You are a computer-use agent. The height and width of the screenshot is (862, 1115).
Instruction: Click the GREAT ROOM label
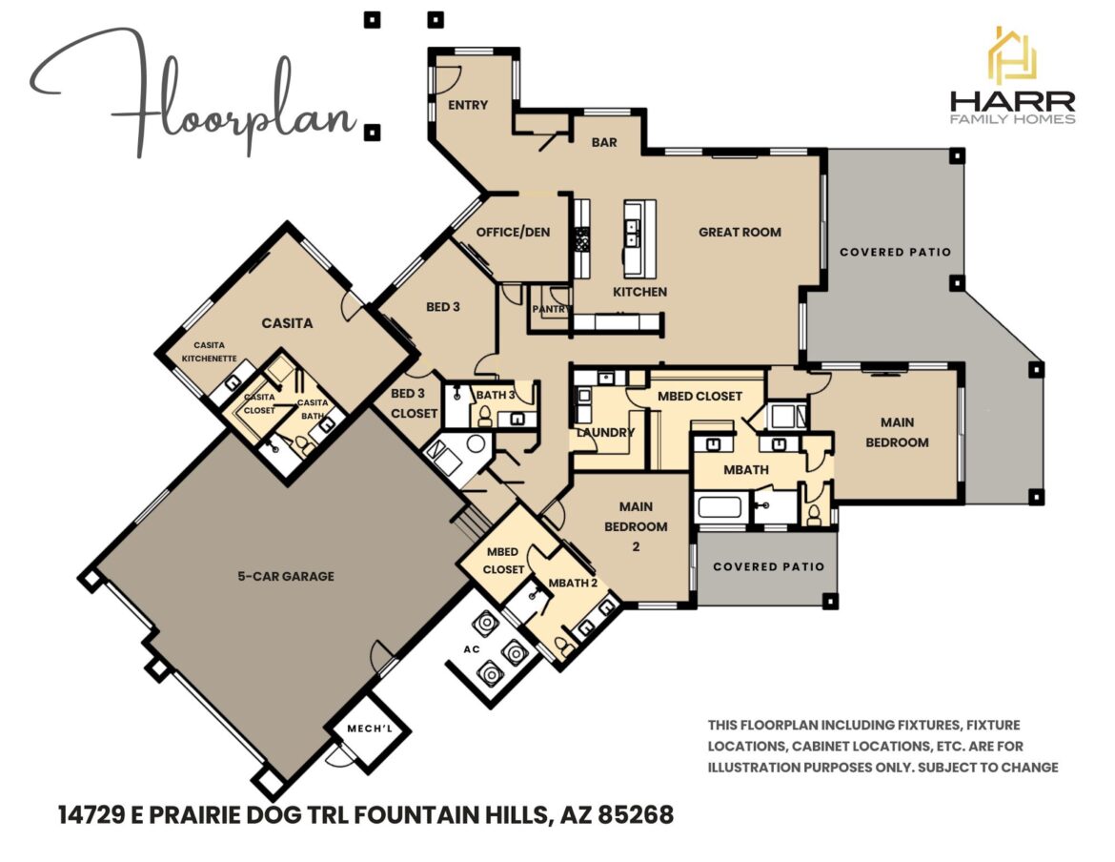(x=740, y=232)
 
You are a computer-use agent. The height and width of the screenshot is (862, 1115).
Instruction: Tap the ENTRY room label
(x=468, y=105)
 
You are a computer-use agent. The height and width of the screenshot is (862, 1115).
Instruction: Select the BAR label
(x=604, y=143)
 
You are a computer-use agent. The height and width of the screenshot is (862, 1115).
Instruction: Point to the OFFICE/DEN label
(x=514, y=232)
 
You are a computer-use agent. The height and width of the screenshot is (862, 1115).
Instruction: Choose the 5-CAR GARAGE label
(x=286, y=576)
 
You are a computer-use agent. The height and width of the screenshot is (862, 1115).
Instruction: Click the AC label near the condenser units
(x=471, y=648)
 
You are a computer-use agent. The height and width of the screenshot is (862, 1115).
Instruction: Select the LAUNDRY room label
(x=604, y=432)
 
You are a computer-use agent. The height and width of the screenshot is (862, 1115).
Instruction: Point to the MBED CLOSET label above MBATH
(x=699, y=396)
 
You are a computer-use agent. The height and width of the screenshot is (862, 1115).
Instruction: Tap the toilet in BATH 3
(x=484, y=416)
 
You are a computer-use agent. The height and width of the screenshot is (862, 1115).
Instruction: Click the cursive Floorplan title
(x=195, y=95)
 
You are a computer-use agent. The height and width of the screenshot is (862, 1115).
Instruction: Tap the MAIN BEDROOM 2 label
(x=642, y=526)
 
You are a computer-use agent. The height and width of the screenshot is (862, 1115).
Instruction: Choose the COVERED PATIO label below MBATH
(x=768, y=566)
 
